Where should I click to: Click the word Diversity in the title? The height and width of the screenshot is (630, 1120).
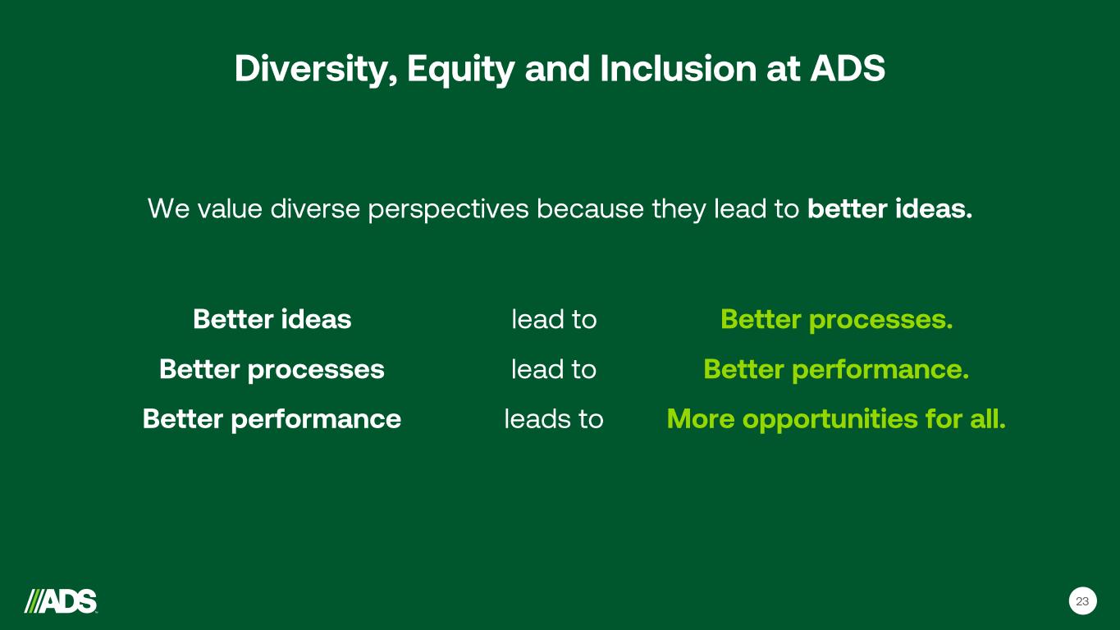[x=316, y=69]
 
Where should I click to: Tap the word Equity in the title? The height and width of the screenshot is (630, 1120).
[x=461, y=69]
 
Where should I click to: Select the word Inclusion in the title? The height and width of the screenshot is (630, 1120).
[x=679, y=68]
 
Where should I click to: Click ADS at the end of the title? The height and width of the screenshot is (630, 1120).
[x=848, y=68]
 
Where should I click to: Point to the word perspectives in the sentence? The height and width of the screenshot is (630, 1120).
[x=449, y=209]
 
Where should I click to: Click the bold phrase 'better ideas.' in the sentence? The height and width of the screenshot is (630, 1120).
[x=890, y=208]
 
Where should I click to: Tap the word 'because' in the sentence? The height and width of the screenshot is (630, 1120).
[x=591, y=208]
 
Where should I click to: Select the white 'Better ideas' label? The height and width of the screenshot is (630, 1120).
[x=272, y=319]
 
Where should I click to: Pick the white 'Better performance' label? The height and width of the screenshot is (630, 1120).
[x=272, y=420]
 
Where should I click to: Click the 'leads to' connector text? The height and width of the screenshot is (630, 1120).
[x=554, y=418]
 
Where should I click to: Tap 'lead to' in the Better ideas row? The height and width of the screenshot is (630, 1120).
[x=554, y=319]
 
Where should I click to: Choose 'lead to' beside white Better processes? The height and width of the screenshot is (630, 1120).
[x=554, y=369]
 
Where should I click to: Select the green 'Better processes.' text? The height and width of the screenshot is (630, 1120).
[x=836, y=320]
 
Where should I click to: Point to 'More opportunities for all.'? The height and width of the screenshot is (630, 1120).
[x=836, y=420]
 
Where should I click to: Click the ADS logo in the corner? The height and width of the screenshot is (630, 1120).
[x=61, y=601]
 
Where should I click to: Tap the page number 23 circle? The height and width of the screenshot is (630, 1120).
[x=1082, y=601]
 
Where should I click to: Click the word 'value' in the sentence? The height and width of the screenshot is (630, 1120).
[x=230, y=208]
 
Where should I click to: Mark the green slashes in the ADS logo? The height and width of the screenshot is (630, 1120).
[x=34, y=601]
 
